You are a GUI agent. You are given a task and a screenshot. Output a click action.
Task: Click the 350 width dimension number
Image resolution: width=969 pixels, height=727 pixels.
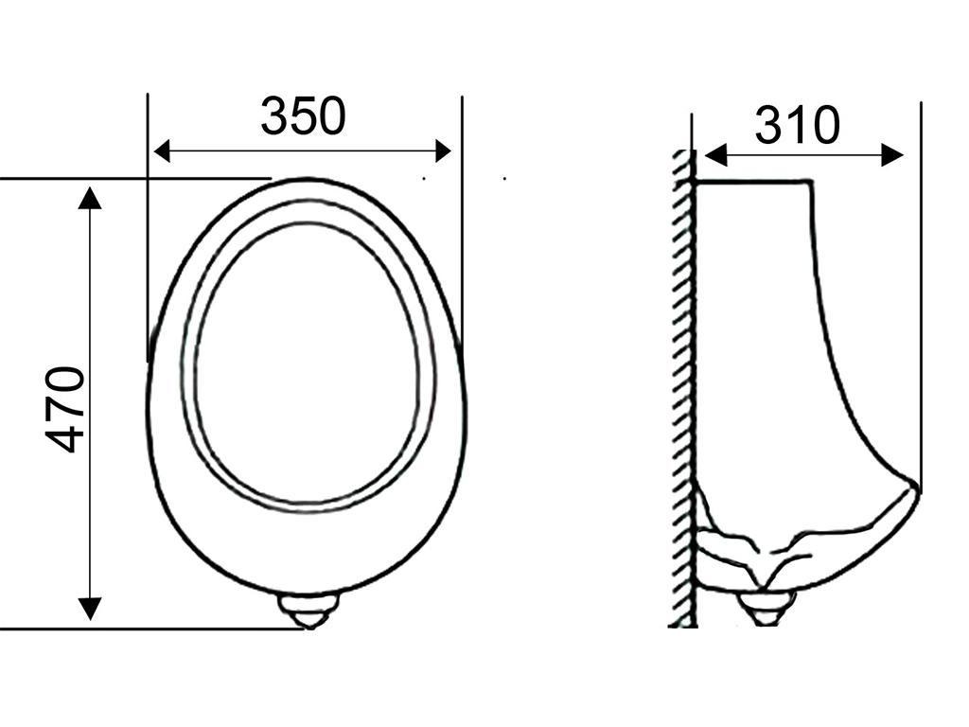pyautogui.click(x=303, y=115)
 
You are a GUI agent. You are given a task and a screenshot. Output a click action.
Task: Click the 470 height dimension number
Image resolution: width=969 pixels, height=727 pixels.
pyautogui.click(x=64, y=410)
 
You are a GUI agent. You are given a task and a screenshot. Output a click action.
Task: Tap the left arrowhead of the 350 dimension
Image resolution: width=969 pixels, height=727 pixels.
pyautogui.click(x=161, y=151)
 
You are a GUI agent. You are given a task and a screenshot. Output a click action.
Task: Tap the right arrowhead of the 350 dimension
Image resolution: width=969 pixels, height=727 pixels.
pyautogui.click(x=443, y=151)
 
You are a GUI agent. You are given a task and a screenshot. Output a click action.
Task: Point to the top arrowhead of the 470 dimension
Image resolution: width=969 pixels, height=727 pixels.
pyautogui.click(x=90, y=198)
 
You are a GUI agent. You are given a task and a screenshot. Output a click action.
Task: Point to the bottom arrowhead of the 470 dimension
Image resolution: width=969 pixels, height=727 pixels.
pyautogui.click(x=90, y=609)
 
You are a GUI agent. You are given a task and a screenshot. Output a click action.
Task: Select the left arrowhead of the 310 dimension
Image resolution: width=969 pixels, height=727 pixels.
pyautogui.click(x=715, y=155)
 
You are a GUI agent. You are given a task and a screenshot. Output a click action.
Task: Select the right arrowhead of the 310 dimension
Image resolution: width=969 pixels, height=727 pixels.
pyautogui.click(x=892, y=155)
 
